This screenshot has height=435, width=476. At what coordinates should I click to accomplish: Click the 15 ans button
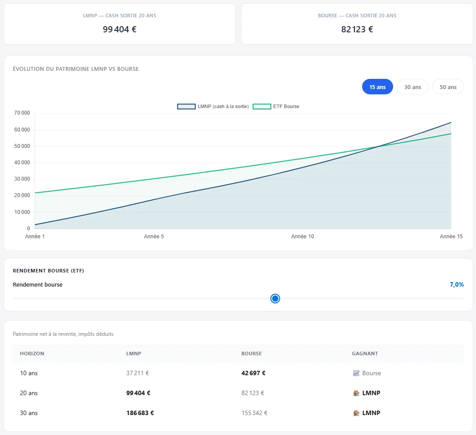point(377,87)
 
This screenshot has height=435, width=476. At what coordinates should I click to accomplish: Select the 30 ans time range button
point(413,87)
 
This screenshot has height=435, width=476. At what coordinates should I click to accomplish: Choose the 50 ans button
point(448,87)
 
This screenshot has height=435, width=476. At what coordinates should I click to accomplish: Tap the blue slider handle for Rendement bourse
point(275,299)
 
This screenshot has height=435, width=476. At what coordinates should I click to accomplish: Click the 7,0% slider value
point(456,284)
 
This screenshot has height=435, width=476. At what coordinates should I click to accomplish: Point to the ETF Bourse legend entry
point(276,106)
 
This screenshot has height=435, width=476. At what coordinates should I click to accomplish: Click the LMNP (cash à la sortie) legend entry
point(213,106)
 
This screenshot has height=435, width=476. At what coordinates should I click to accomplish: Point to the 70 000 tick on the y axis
point(22,113)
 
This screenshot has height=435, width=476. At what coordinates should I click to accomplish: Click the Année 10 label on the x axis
point(302,236)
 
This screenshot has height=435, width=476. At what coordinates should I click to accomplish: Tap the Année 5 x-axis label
point(154,236)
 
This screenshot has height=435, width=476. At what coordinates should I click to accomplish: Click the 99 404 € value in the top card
point(120,29)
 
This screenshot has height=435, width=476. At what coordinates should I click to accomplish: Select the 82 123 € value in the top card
point(357,29)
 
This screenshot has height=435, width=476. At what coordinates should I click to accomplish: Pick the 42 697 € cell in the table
point(253,373)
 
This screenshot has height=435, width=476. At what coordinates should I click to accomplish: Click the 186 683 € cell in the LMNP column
point(140,413)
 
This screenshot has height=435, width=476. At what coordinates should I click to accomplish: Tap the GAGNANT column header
point(365,353)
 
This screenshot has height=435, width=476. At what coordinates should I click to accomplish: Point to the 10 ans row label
point(29,373)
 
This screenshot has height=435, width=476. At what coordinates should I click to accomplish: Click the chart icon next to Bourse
point(356,373)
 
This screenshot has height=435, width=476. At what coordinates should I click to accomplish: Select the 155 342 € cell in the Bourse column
point(254,413)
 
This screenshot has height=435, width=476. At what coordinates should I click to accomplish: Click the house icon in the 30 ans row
point(356,413)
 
